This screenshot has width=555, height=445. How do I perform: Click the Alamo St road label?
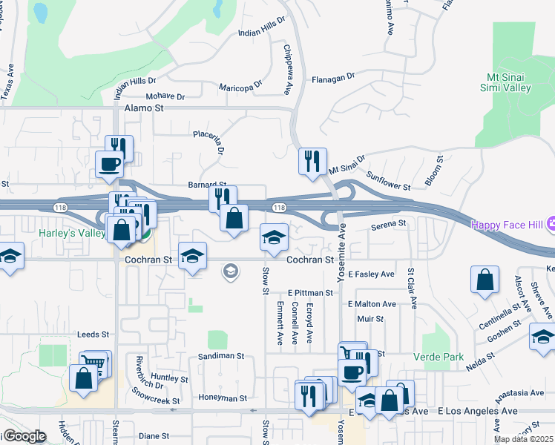[144, 108]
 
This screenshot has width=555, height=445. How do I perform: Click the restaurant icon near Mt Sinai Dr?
[312, 160]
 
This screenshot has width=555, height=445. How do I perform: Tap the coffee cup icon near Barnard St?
[109, 163]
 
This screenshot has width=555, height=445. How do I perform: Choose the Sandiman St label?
[221, 356]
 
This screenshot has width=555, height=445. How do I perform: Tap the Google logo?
[24, 436]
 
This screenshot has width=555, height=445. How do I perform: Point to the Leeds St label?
[93, 334]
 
